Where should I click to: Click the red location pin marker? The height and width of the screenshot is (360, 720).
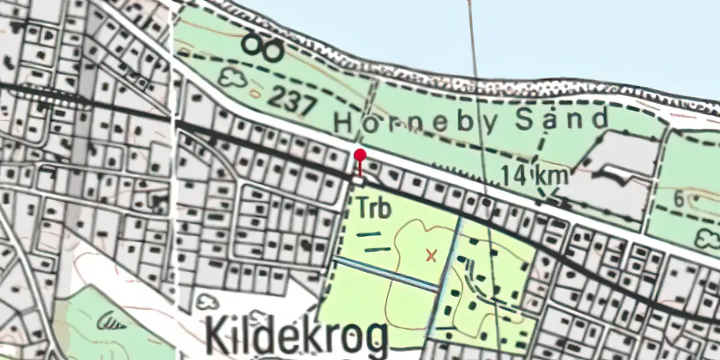pyautogui.click(x=360, y=156)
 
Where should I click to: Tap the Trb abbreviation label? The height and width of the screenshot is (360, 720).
pyautogui.click(x=374, y=210)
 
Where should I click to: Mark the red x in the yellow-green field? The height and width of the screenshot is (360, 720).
pyautogui.click(x=431, y=254)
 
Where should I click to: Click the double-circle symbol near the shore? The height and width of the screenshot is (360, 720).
pyautogui.click(x=261, y=47)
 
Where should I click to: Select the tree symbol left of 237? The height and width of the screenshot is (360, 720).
pyautogui.click(x=232, y=77)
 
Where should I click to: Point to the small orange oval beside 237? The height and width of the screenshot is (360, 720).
pyautogui.click(x=256, y=94)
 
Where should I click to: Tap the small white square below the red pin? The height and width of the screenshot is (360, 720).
pyautogui.click(x=359, y=181)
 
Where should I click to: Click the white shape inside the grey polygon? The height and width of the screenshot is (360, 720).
pyautogui.click(x=618, y=174)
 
